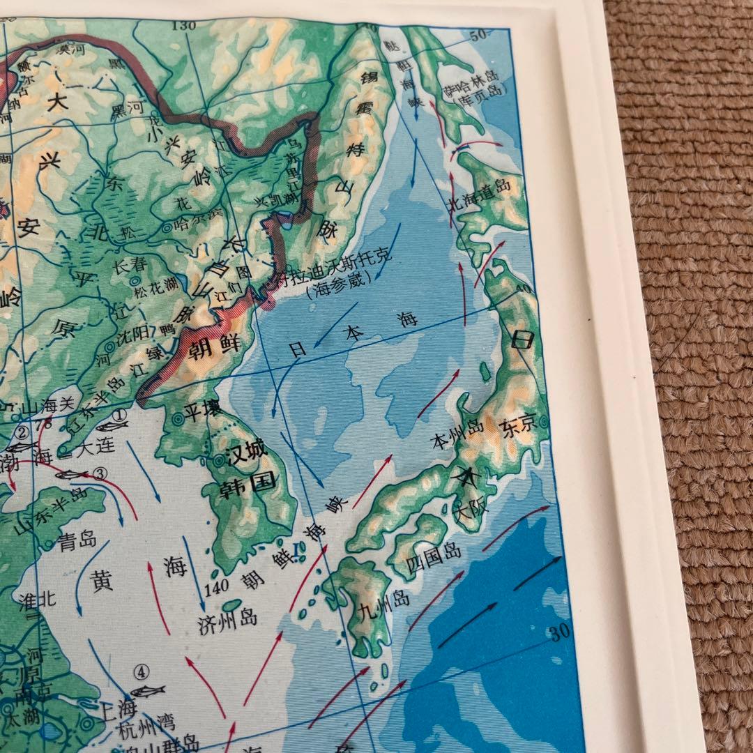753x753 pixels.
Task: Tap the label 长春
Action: [128, 265]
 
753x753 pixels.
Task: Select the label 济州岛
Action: [227, 617]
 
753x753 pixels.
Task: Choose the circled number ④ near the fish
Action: [142, 673]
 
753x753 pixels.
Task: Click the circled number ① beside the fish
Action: [119, 414]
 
